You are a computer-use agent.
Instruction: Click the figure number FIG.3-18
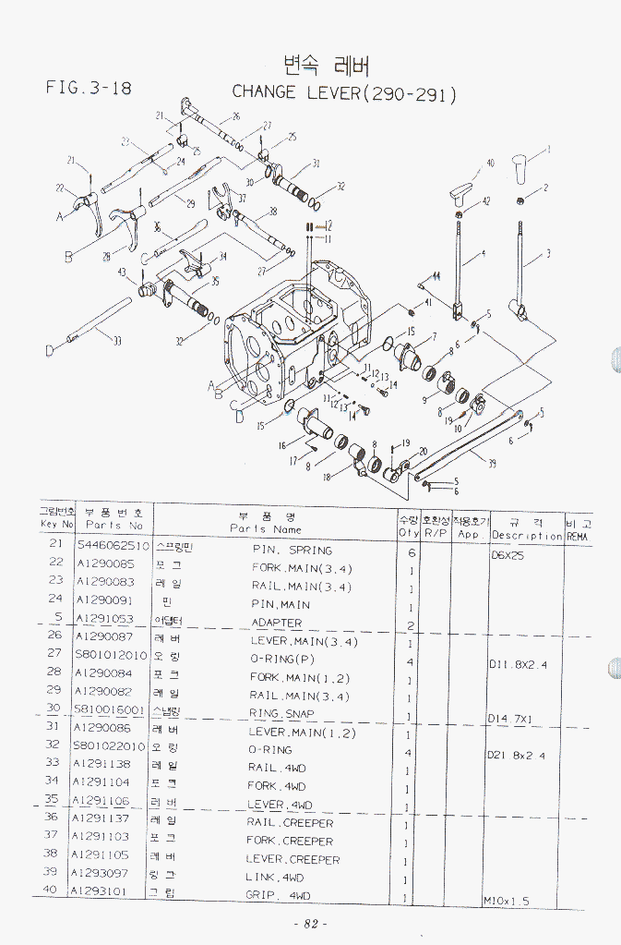pyautogui.click(x=89, y=89)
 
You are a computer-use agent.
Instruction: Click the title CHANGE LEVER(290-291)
pyautogui.click(x=343, y=92)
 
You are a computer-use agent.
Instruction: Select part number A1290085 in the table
pyautogui.click(x=104, y=563)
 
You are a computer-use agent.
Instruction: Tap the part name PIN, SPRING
pyautogui.click(x=292, y=550)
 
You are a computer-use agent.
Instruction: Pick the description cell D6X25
pyautogui.click(x=508, y=556)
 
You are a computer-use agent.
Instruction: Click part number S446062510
pyautogui.click(x=113, y=545)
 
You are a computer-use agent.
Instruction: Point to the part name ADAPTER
pyautogui.click(x=277, y=623)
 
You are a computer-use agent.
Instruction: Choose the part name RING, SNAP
pyautogui.click(x=281, y=713)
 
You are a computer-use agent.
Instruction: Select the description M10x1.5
pyautogui.click(x=507, y=901)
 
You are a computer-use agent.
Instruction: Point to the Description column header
pyautogui.click(x=527, y=535)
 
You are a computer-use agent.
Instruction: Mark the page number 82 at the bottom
pyautogui.click(x=310, y=925)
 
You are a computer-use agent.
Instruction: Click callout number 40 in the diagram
pyautogui.click(x=491, y=163)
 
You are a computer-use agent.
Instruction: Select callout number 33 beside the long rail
pyautogui.click(x=117, y=342)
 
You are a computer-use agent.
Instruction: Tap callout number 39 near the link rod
pyautogui.click(x=491, y=463)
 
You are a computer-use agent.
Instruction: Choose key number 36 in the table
pyautogui.click(x=53, y=817)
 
